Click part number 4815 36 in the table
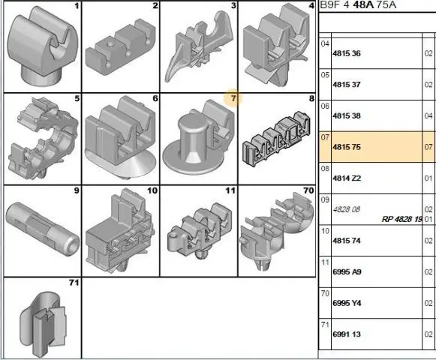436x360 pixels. [347, 53]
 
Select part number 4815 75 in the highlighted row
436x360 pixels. [347, 147]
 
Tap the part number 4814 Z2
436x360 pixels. [347, 178]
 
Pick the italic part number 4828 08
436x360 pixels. [347, 209]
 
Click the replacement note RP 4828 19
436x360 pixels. [402, 219]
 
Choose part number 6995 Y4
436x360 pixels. [347, 303]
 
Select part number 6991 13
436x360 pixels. [347, 334]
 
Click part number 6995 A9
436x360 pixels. [347, 271]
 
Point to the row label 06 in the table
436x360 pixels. [325, 106]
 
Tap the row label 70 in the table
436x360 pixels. [325, 293]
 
